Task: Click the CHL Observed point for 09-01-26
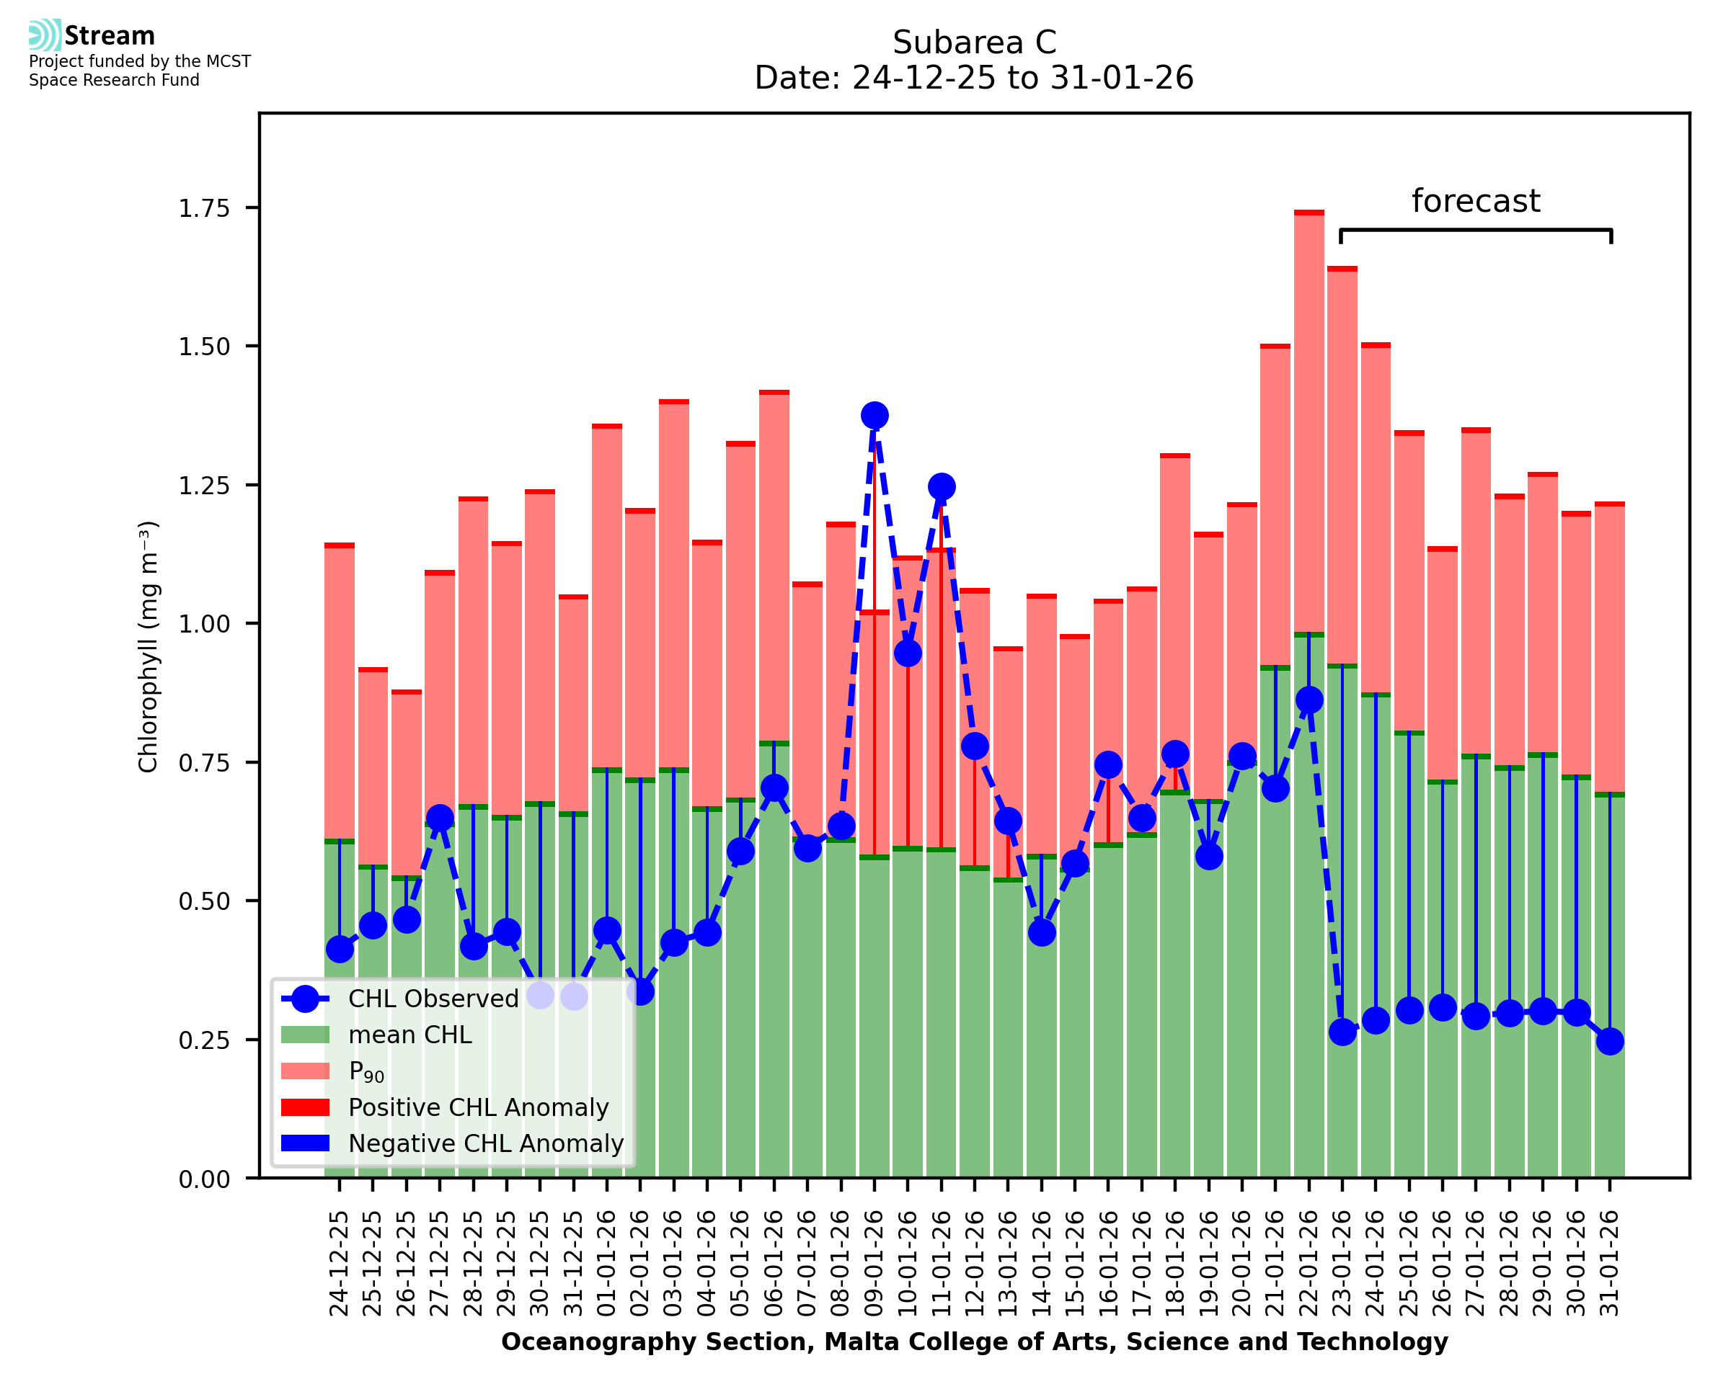pyautogui.click(x=875, y=416)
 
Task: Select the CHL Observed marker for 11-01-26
pyautogui.click(x=941, y=486)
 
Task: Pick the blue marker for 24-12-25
pyautogui.click(x=340, y=949)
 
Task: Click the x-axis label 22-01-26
pyautogui.click(x=1309, y=1264)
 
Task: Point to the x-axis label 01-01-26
pyautogui.click(x=607, y=1264)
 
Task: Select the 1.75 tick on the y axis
pyautogui.click(x=204, y=209)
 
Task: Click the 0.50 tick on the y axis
pyautogui.click(x=204, y=902)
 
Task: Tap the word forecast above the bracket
pyautogui.click(x=1476, y=201)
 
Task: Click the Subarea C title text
pyautogui.click(x=974, y=43)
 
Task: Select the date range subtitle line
pyautogui.click(x=974, y=78)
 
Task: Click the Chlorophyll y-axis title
pyautogui.click(x=149, y=646)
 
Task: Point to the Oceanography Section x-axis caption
pyautogui.click(x=974, y=1341)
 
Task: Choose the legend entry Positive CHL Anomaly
pyautogui.click(x=478, y=1107)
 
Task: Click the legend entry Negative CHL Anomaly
pyautogui.click(x=485, y=1143)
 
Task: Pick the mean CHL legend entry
pyautogui.click(x=410, y=1035)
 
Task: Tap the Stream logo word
pyautogui.click(x=110, y=36)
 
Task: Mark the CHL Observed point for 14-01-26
pyautogui.click(x=1042, y=932)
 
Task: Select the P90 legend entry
pyautogui.click(x=366, y=1071)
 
